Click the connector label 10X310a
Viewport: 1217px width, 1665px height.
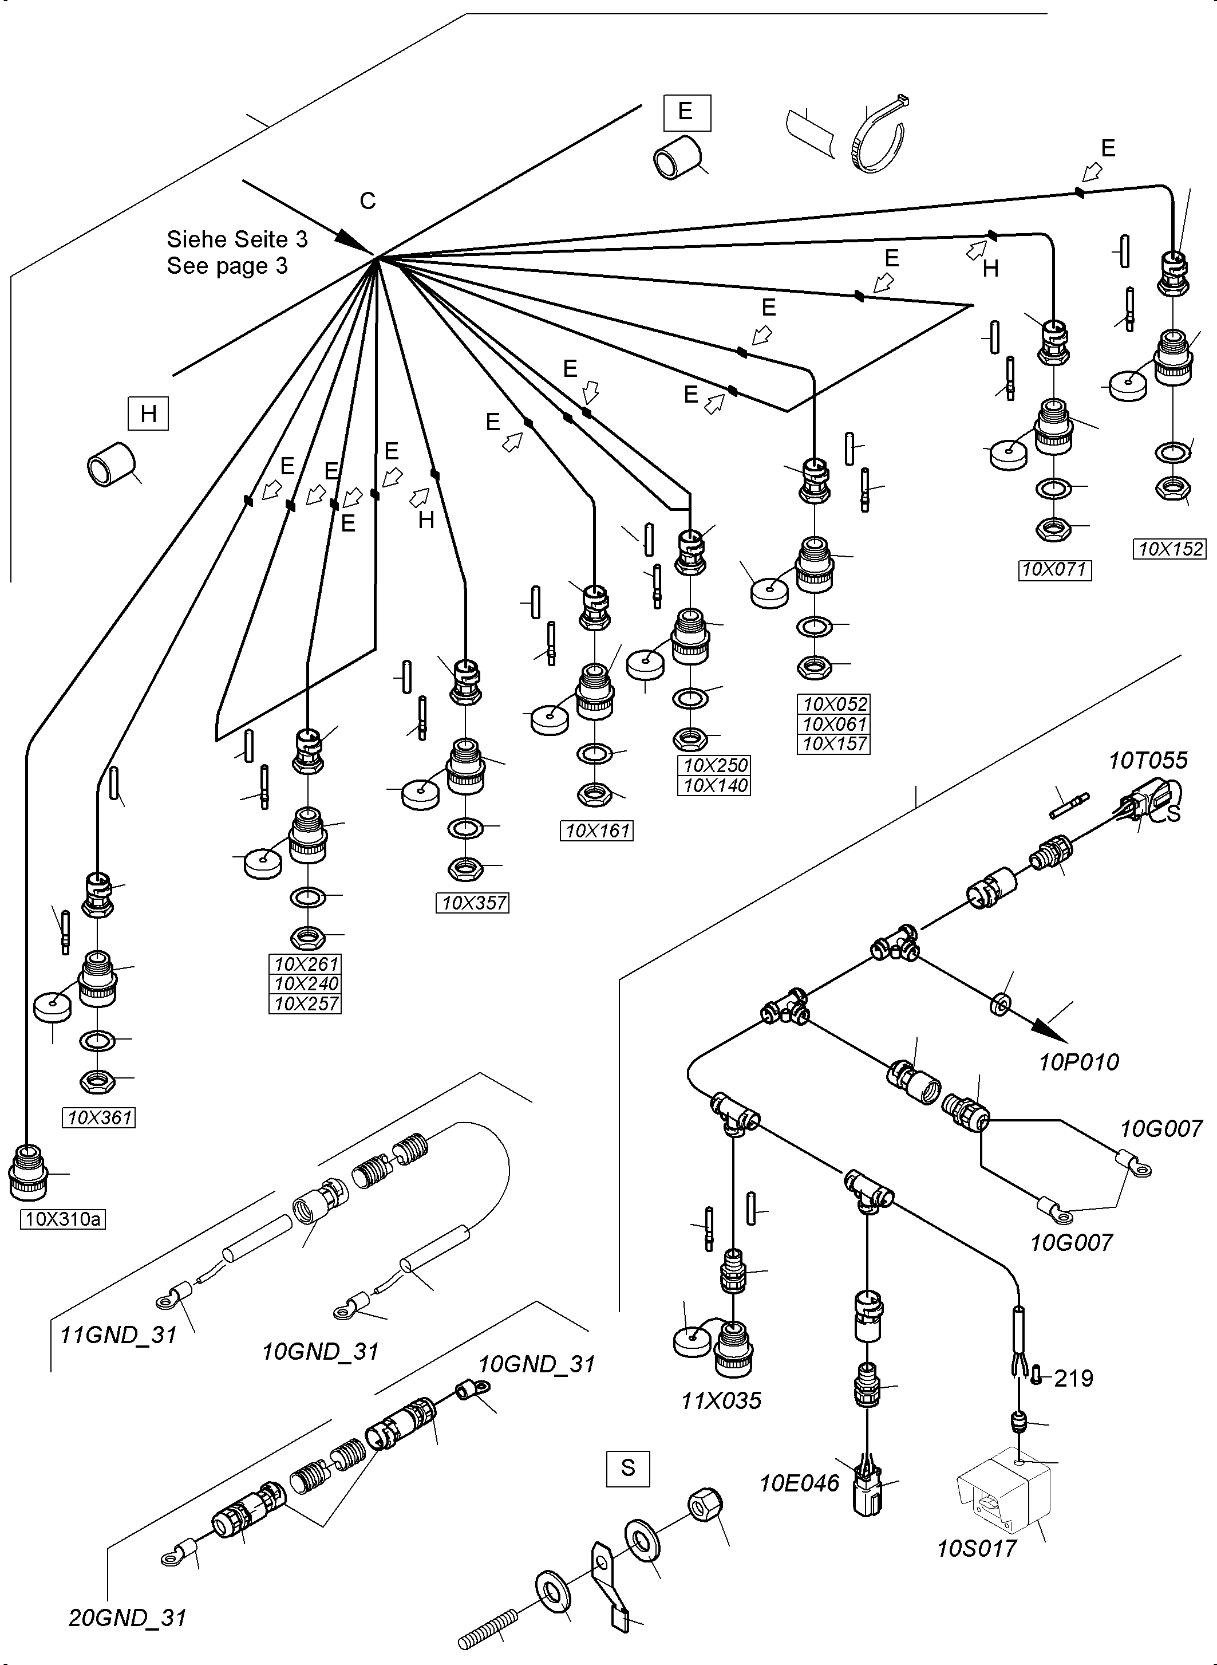62,1219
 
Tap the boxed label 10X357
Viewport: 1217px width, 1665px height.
473,902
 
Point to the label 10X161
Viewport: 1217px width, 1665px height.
596,830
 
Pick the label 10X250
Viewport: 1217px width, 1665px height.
714,765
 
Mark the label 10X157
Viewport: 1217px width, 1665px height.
834,743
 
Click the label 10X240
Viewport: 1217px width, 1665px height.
306,983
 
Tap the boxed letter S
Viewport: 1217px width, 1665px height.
627,1467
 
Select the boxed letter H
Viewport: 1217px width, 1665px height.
148,414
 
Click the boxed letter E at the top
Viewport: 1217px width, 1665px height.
686,112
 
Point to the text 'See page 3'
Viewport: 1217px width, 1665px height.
227,265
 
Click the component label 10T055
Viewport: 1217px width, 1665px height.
1148,760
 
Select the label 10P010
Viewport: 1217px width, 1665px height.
1078,1061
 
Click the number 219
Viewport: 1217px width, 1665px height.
1073,1377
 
